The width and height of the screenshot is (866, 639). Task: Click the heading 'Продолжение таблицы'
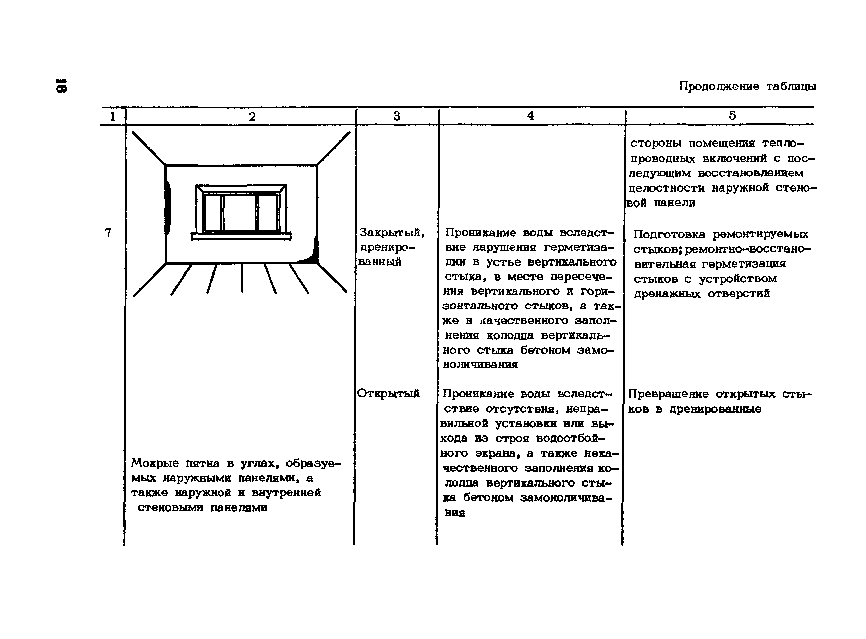tap(747, 86)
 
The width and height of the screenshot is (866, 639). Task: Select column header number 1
tap(112, 116)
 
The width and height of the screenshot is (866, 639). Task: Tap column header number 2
tap(252, 116)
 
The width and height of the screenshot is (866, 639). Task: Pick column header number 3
tap(397, 116)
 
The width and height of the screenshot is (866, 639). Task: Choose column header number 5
tap(732, 115)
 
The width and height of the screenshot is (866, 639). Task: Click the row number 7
tap(108, 232)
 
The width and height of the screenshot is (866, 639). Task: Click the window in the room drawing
tap(241, 209)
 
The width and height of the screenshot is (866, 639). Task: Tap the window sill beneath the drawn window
tap(241, 236)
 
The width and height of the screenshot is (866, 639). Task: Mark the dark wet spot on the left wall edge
tap(168, 208)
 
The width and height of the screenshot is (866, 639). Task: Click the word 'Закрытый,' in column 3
tap(392, 232)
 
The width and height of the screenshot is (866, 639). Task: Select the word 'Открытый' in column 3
tap(388, 393)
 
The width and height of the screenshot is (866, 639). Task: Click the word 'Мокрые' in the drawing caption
tap(155, 463)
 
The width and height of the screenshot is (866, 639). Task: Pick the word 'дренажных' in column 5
tap(667, 294)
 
